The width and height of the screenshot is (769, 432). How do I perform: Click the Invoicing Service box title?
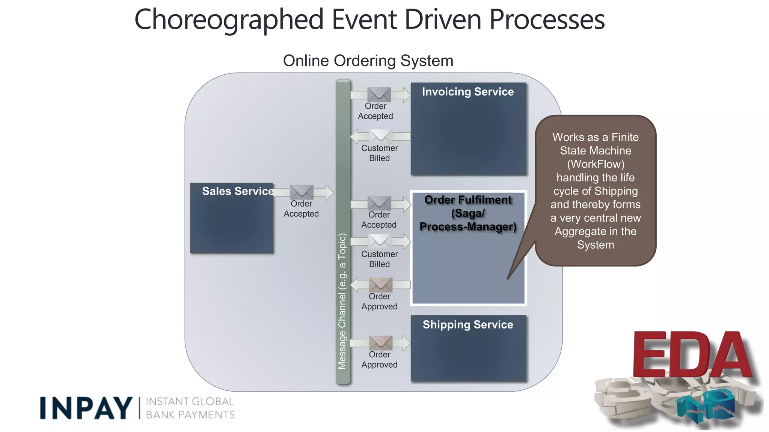(x=467, y=92)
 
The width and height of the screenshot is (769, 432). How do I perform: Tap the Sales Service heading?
(x=238, y=191)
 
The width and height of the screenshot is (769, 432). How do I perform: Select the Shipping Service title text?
(x=467, y=325)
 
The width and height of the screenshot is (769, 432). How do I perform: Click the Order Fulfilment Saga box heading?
(x=468, y=213)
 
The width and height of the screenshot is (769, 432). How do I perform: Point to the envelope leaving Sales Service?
(x=302, y=192)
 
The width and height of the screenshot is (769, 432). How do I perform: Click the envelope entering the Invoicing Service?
(x=379, y=94)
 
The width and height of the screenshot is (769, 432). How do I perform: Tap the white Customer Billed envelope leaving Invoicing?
(x=380, y=136)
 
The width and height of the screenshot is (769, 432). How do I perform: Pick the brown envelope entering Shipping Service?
(x=380, y=343)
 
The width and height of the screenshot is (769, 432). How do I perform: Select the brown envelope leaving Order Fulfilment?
(x=380, y=285)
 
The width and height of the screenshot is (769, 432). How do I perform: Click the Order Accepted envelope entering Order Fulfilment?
(x=379, y=203)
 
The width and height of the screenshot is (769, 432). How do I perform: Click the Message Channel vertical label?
(x=342, y=301)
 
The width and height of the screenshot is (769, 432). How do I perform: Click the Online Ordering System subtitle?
(x=368, y=61)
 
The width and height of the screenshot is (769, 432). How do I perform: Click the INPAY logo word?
(x=86, y=408)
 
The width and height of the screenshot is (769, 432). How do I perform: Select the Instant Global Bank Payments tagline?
(x=190, y=408)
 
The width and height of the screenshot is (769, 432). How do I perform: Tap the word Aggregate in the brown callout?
(x=576, y=231)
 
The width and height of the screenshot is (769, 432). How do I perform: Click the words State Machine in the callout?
(x=596, y=151)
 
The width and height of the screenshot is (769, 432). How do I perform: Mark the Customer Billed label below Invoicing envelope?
(x=379, y=153)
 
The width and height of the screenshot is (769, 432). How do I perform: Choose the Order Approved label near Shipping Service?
(x=379, y=360)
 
